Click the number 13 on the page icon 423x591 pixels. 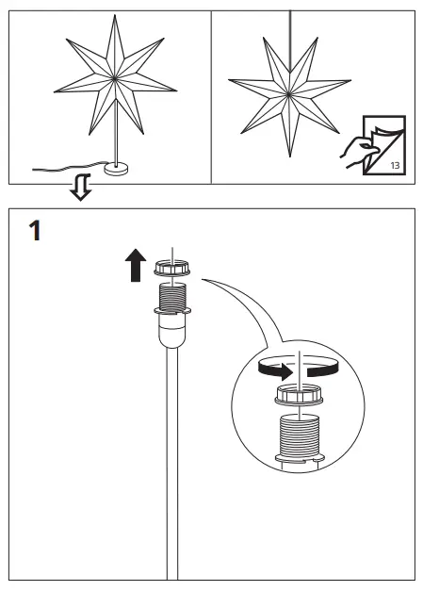[393, 165]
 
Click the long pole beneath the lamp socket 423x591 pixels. [171, 462]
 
